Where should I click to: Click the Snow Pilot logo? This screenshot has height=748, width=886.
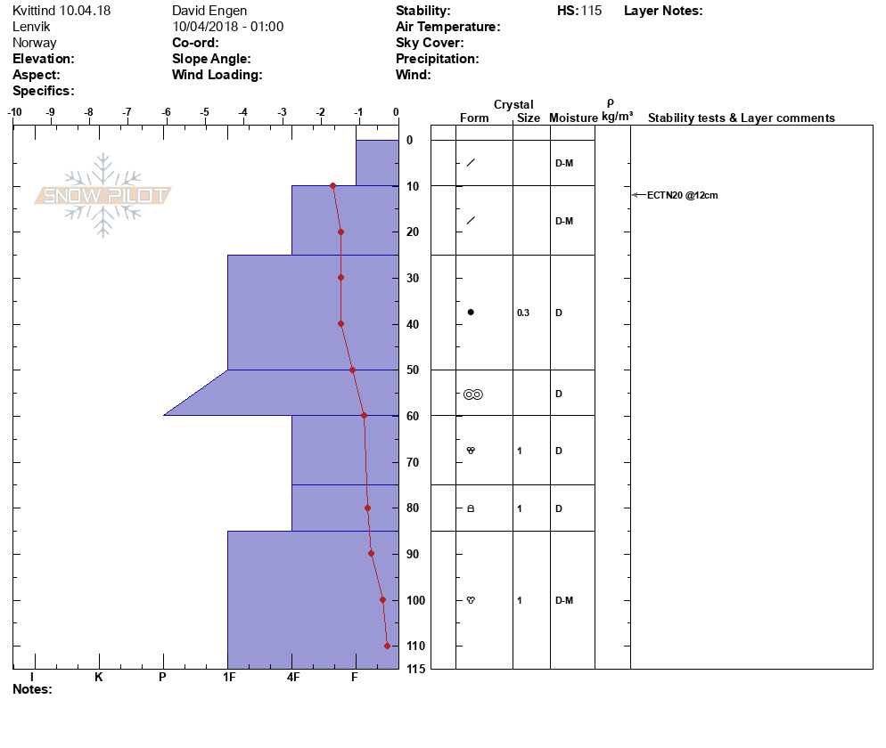(103, 196)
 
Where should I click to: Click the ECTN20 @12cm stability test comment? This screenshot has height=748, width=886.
(683, 195)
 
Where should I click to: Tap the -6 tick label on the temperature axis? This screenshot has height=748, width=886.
(165, 112)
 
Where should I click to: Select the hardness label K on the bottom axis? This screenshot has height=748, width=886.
(99, 677)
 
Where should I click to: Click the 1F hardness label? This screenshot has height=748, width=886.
(228, 677)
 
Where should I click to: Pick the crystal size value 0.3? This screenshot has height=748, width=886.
(523, 313)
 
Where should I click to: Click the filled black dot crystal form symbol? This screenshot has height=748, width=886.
(471, 313)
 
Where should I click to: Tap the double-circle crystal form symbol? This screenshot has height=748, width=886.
(472, 394)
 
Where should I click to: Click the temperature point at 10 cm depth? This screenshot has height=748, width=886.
(332, 186)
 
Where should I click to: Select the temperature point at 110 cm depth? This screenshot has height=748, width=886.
(387, 646)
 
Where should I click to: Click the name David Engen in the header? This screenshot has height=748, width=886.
(209, 11)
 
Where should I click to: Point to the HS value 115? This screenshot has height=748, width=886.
(591, 11)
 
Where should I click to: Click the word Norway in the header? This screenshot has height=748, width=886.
(35, 43)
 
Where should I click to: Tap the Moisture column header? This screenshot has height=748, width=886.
(573, 118)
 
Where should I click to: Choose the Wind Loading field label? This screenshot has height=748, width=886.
(217, 75)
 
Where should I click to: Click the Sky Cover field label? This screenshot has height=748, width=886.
(430, 43)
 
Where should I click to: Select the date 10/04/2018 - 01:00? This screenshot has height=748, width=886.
(227, 27)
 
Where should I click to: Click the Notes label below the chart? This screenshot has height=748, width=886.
(32, 689)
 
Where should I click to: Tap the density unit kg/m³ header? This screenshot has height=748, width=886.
(617, 117)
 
